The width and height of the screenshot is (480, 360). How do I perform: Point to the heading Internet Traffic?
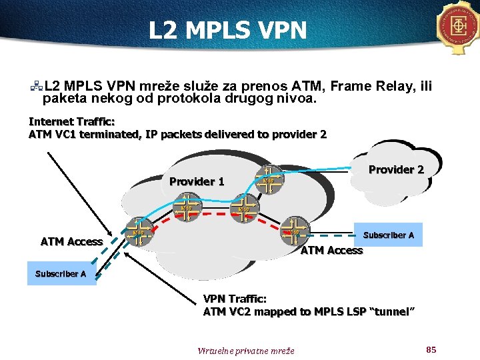(71, 121)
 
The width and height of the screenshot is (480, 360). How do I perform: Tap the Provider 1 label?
(197, 181)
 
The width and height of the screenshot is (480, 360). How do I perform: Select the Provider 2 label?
(396, 169)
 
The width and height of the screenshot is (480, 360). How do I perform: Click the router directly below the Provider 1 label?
(187, 207)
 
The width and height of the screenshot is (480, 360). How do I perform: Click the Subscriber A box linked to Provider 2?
(388, 235)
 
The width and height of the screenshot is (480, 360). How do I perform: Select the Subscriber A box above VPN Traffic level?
(61, 274)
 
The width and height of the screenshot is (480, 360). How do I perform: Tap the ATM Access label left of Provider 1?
(71, 241)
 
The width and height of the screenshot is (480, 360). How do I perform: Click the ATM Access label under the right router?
(331, 251)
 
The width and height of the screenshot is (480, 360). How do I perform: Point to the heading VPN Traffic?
(235, 299)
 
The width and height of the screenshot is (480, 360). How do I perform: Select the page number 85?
(430, 349)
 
